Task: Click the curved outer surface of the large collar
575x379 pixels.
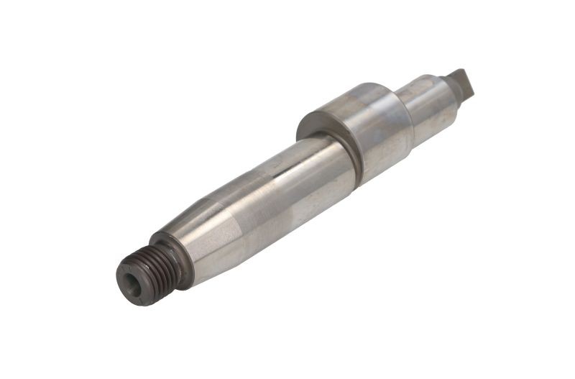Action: pos(374,126)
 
